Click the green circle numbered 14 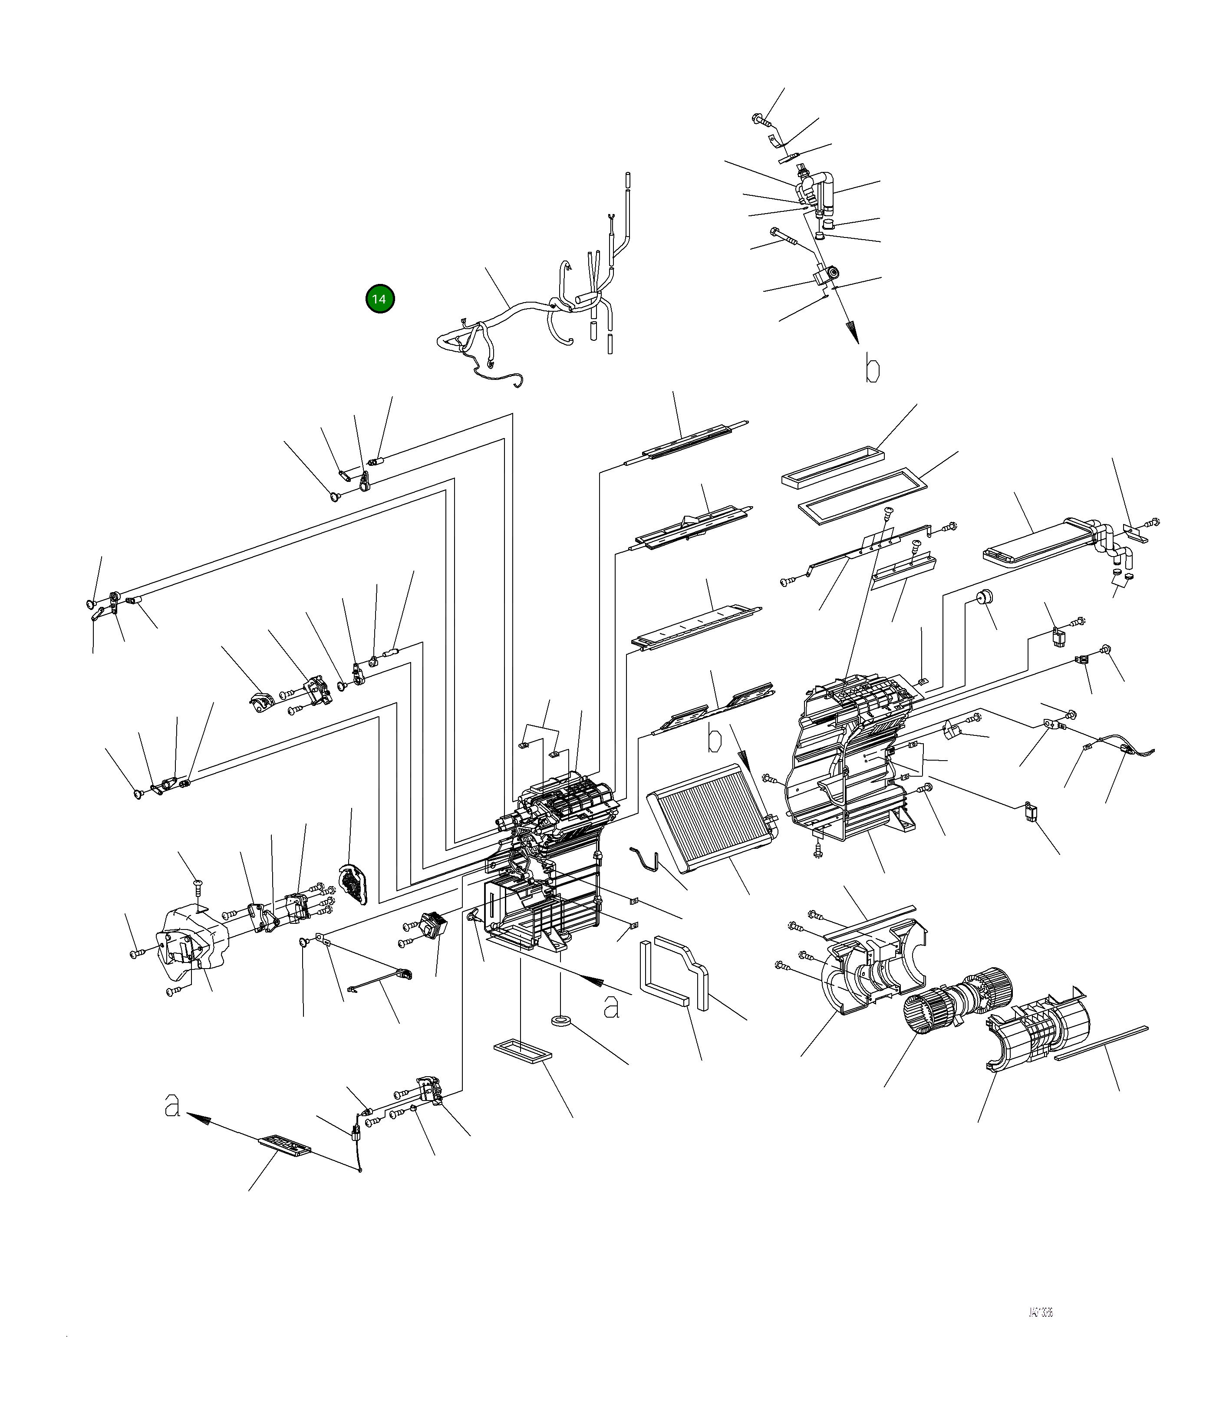(380, 299)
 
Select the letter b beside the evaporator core (714, 740)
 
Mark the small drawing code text (1040, 1312)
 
